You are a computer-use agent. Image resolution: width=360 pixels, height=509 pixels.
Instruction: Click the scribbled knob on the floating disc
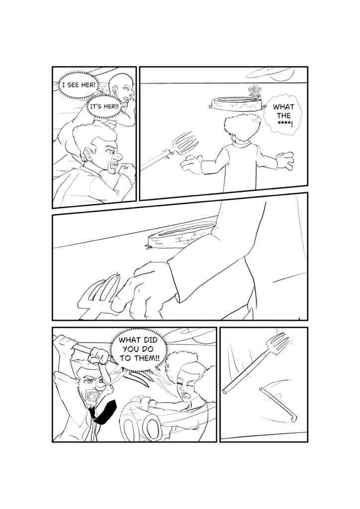(x=254, y=91)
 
